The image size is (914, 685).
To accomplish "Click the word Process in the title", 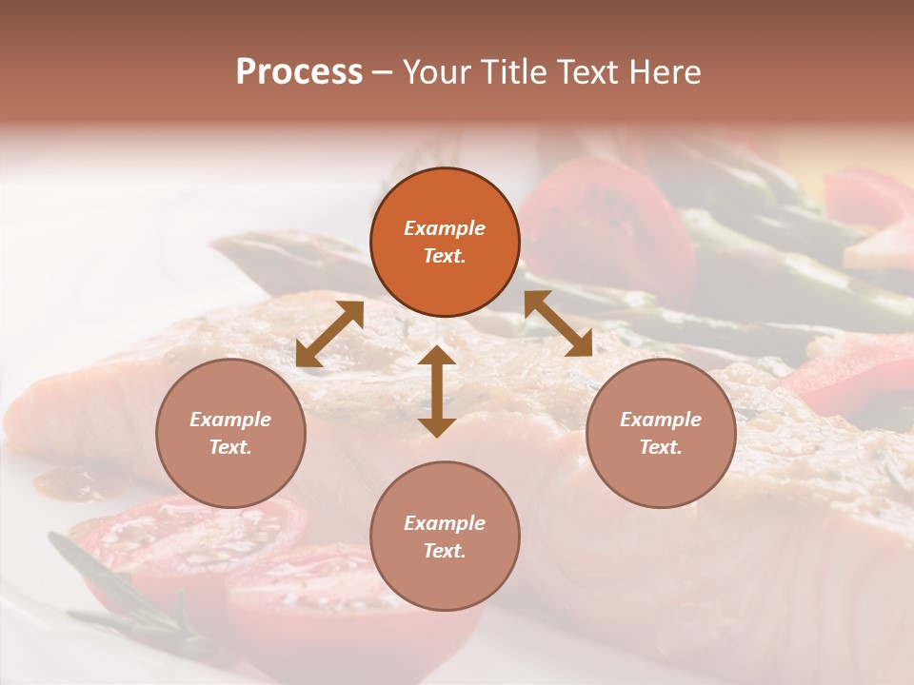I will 299,72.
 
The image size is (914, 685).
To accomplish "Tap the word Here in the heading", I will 666,72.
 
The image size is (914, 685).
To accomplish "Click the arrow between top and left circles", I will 329,334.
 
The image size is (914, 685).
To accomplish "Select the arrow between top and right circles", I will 558,323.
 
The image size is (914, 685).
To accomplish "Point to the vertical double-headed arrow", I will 437,391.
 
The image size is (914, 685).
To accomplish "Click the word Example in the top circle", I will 445,228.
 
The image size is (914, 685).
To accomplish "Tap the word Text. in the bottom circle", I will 445,551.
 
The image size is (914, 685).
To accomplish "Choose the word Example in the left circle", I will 230,420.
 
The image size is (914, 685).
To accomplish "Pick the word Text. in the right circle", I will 661,447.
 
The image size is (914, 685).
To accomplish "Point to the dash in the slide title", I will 382,72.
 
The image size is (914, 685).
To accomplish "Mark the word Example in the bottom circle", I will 445,523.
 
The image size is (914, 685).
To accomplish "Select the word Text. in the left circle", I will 230,447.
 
